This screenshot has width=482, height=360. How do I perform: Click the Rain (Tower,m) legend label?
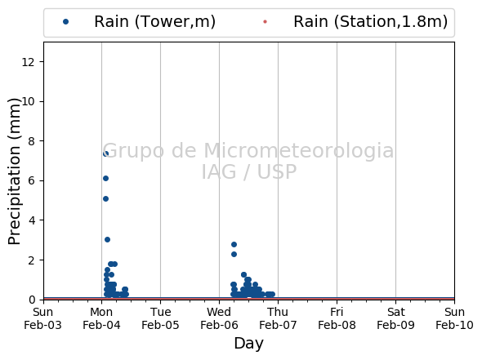154,22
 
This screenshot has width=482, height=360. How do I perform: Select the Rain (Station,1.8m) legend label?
370,22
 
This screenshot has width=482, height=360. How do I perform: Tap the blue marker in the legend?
65,22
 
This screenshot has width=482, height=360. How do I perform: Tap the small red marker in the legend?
265,22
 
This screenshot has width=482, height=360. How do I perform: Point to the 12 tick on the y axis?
28,62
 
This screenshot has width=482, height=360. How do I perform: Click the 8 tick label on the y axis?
31,141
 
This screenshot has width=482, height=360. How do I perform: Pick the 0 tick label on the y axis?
31,300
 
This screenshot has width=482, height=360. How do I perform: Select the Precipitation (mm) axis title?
14,171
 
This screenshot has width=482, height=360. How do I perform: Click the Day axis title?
248,344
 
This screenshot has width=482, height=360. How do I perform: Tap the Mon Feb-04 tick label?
101,318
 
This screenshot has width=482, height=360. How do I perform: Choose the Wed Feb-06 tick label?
219,318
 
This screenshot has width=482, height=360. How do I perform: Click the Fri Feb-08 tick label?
337,318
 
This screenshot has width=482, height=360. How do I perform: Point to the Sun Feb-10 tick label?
454,318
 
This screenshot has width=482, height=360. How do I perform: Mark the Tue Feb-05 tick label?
160,318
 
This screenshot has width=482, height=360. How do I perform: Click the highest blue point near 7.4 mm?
105,153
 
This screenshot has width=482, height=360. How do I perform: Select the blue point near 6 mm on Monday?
105,178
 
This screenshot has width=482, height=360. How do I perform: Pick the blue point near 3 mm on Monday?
107,239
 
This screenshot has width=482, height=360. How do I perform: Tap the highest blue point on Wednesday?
234,244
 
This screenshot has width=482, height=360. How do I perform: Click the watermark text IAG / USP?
249,171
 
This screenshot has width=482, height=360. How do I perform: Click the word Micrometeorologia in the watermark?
298,150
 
